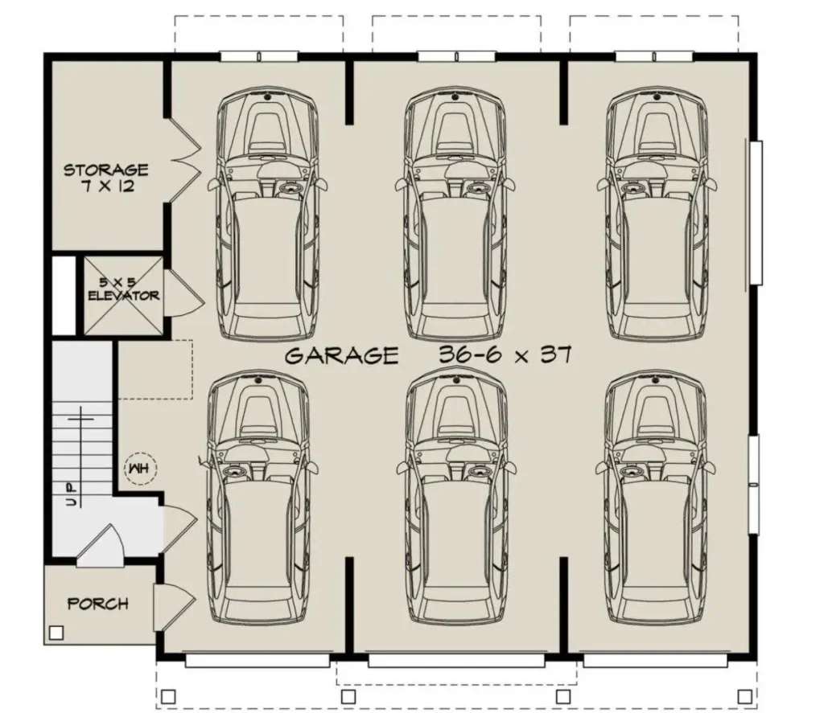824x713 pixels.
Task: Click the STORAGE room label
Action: pos(106,170)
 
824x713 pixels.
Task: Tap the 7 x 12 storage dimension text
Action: pos(108,186)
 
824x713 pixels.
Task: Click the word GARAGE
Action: pos(341,356)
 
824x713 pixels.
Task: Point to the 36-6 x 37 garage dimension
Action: pos(505,355)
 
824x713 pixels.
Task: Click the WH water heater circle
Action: pos(140,468)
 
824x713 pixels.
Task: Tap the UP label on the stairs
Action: pos(72,494)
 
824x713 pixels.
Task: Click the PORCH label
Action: pos(98,604)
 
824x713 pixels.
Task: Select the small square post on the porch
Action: pos(56,633)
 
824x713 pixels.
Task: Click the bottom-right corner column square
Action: pos(744,697)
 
